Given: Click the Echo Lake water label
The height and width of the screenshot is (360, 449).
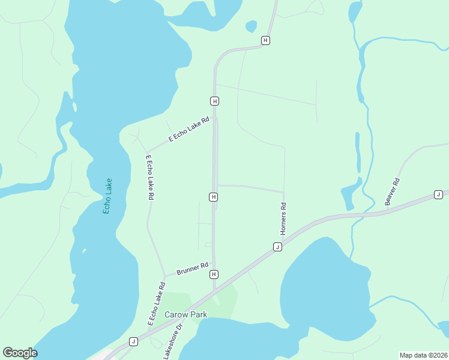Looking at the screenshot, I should point(108,196).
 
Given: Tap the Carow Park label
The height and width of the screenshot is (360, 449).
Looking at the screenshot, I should point(186,314).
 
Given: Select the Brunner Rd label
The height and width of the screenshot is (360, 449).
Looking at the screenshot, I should point(192,268).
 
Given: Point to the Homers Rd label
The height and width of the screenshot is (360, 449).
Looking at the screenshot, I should point(284,218).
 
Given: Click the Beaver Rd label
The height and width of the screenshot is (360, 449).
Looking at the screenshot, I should point(392,191).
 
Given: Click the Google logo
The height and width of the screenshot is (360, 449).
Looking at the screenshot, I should point(20,353).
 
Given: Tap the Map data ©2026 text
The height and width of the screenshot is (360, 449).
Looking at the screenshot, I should point(424,355).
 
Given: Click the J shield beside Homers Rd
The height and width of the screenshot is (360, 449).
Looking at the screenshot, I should point(277,247).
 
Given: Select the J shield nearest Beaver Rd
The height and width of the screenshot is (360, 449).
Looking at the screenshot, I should point(438,194).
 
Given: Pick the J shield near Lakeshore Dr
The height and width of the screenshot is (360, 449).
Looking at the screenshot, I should point(133,341).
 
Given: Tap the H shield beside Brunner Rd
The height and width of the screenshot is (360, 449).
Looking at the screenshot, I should point(214,274).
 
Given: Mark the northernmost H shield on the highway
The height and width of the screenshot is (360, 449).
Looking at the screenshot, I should point(265,40).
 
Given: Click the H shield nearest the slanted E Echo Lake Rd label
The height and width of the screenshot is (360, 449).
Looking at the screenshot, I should point(214,100).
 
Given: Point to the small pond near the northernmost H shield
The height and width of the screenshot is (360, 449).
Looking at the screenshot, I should point(251,26).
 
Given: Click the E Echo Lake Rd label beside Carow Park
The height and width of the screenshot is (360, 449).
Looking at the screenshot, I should point(156,304).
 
